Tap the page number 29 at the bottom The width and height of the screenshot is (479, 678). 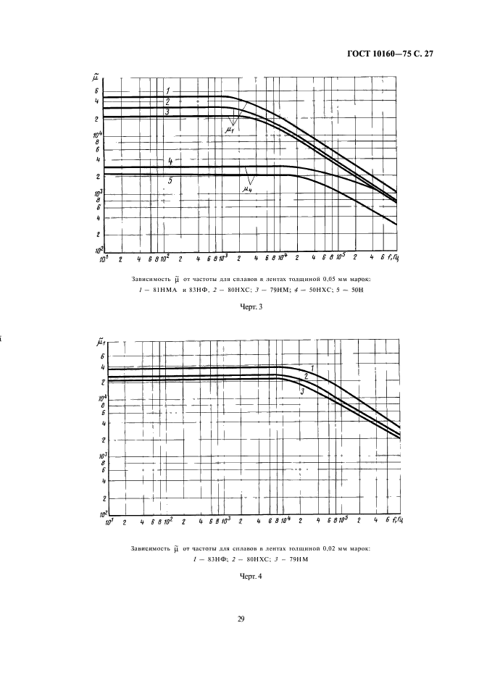click(240, 618)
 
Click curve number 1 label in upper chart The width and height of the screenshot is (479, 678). click(167, 90)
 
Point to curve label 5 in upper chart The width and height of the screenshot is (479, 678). click(169, 181)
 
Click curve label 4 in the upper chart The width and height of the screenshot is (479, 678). click(169, 161)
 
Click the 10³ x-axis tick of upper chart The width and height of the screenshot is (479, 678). click(224, 256)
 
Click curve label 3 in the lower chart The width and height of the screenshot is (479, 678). click(301, 391)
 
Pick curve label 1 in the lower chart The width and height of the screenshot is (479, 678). click(312, 369)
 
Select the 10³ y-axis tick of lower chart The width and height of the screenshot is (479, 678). click(104, 454)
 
